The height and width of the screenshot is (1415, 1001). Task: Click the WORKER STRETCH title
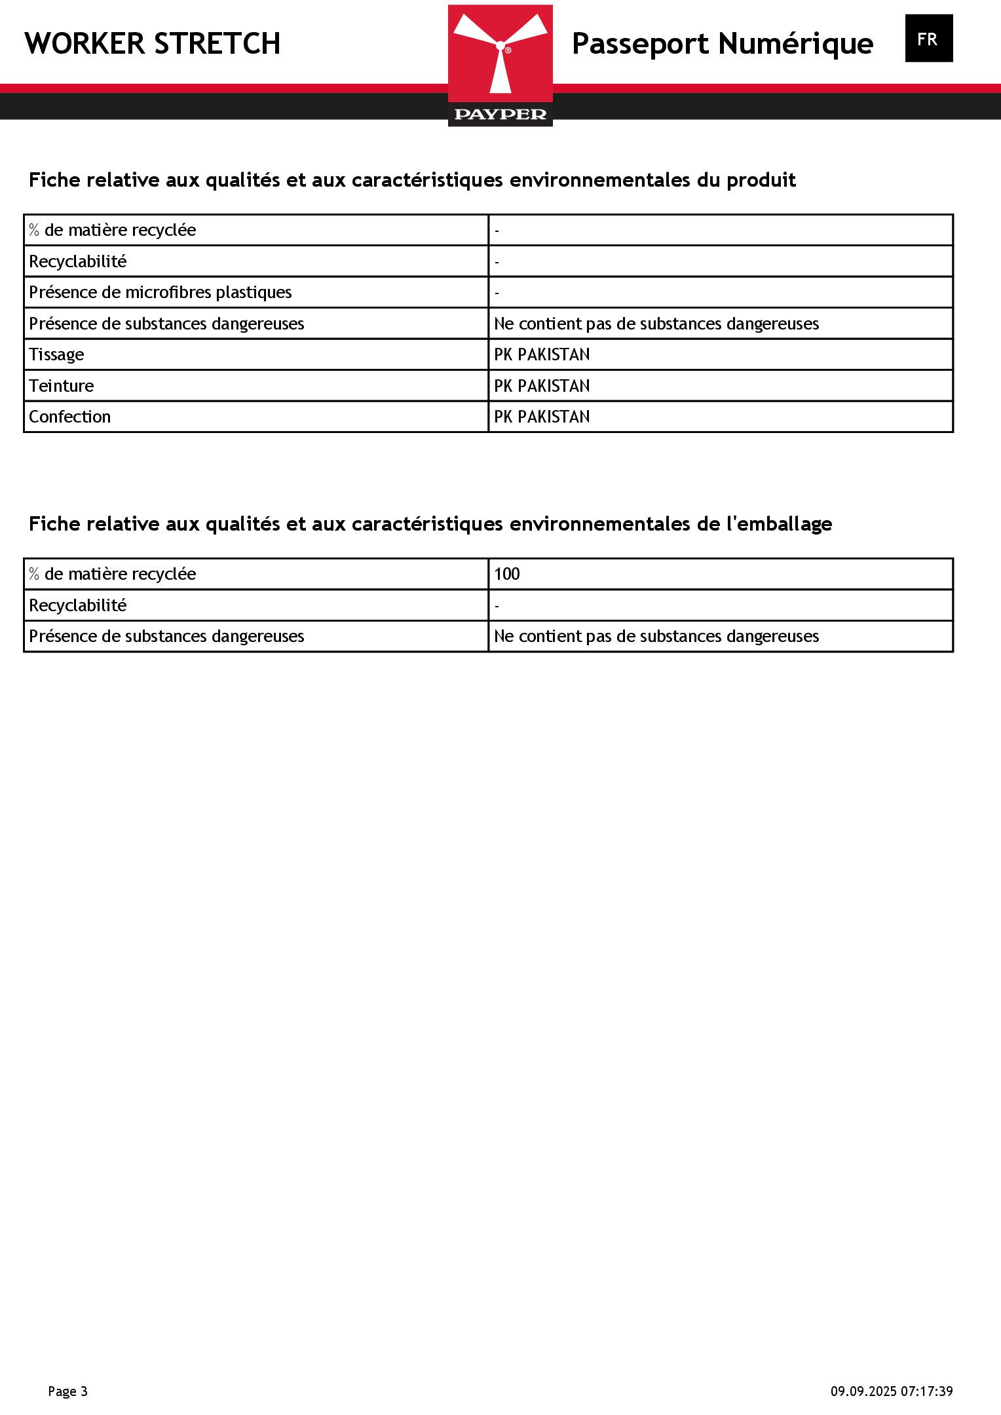tap(153, 44)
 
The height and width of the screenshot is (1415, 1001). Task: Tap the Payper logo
tap(500, 65)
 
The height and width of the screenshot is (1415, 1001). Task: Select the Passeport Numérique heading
tap(722, 44)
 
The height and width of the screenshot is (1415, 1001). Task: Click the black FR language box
tap(928, 39)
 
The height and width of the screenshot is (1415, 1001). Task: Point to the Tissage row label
tap(56, 354)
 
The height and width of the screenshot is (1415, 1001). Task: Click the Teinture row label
tap(61, 386)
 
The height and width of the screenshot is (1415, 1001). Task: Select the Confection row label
tap(69, 417)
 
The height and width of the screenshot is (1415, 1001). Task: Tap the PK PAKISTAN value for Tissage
tap(542, 354)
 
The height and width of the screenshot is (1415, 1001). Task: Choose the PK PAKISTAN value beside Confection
tap(542, 417)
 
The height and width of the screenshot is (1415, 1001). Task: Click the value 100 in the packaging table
tap(507, 575)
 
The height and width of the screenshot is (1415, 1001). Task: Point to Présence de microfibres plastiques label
tap(161, 292)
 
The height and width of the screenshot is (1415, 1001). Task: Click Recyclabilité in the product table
tap(77, 261)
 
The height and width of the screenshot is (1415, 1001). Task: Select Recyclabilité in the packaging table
tap(77, 605)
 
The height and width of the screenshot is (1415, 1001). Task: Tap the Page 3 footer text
tap(67, 1391)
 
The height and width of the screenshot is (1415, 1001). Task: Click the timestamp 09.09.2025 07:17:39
tap(892, 1391)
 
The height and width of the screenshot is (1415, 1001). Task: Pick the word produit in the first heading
tap(761, 180)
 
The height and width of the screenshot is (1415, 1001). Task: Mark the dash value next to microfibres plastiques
tap(497, 293)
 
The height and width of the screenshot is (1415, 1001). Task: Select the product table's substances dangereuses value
tap(656, 324)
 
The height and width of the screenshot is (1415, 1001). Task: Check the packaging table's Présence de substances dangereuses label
tap(166, 636)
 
